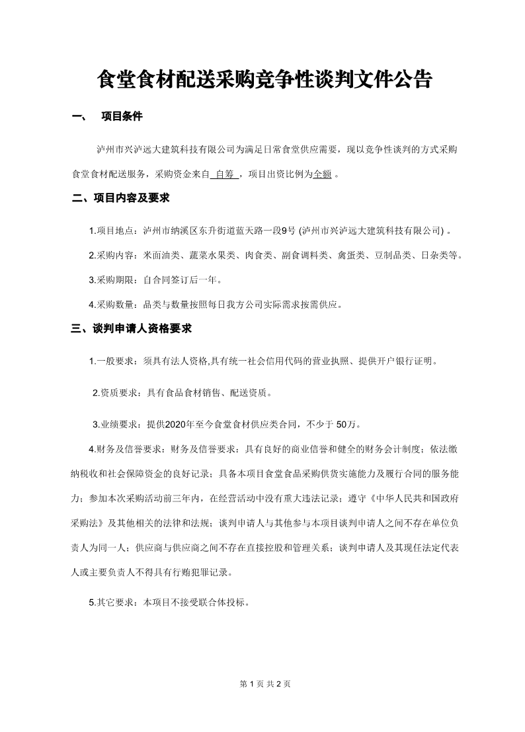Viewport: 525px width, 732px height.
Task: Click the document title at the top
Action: (x=264, y=80)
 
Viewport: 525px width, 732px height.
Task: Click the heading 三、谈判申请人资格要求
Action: (x=132, y=328)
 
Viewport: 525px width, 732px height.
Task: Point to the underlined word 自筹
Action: (x=225, y=175)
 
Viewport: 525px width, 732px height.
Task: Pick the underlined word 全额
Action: (x=322, y=175)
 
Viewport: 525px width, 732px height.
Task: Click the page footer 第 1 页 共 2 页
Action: (x=264, y=684)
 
